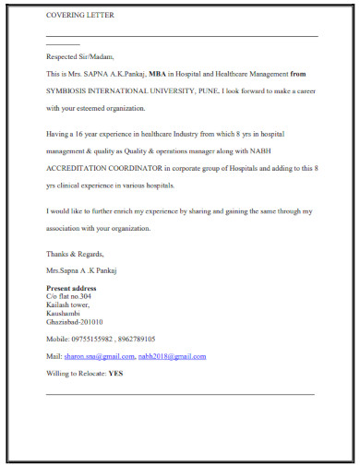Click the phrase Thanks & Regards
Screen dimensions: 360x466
[76, 254]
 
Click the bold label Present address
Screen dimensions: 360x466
[71, 289]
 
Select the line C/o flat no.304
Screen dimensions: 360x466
[69, 296]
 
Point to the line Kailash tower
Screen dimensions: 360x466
[67, 305]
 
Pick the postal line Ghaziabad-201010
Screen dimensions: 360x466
[75, 321]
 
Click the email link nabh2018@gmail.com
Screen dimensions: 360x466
[173, 356]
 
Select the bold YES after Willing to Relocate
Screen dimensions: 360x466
[116, 374]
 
